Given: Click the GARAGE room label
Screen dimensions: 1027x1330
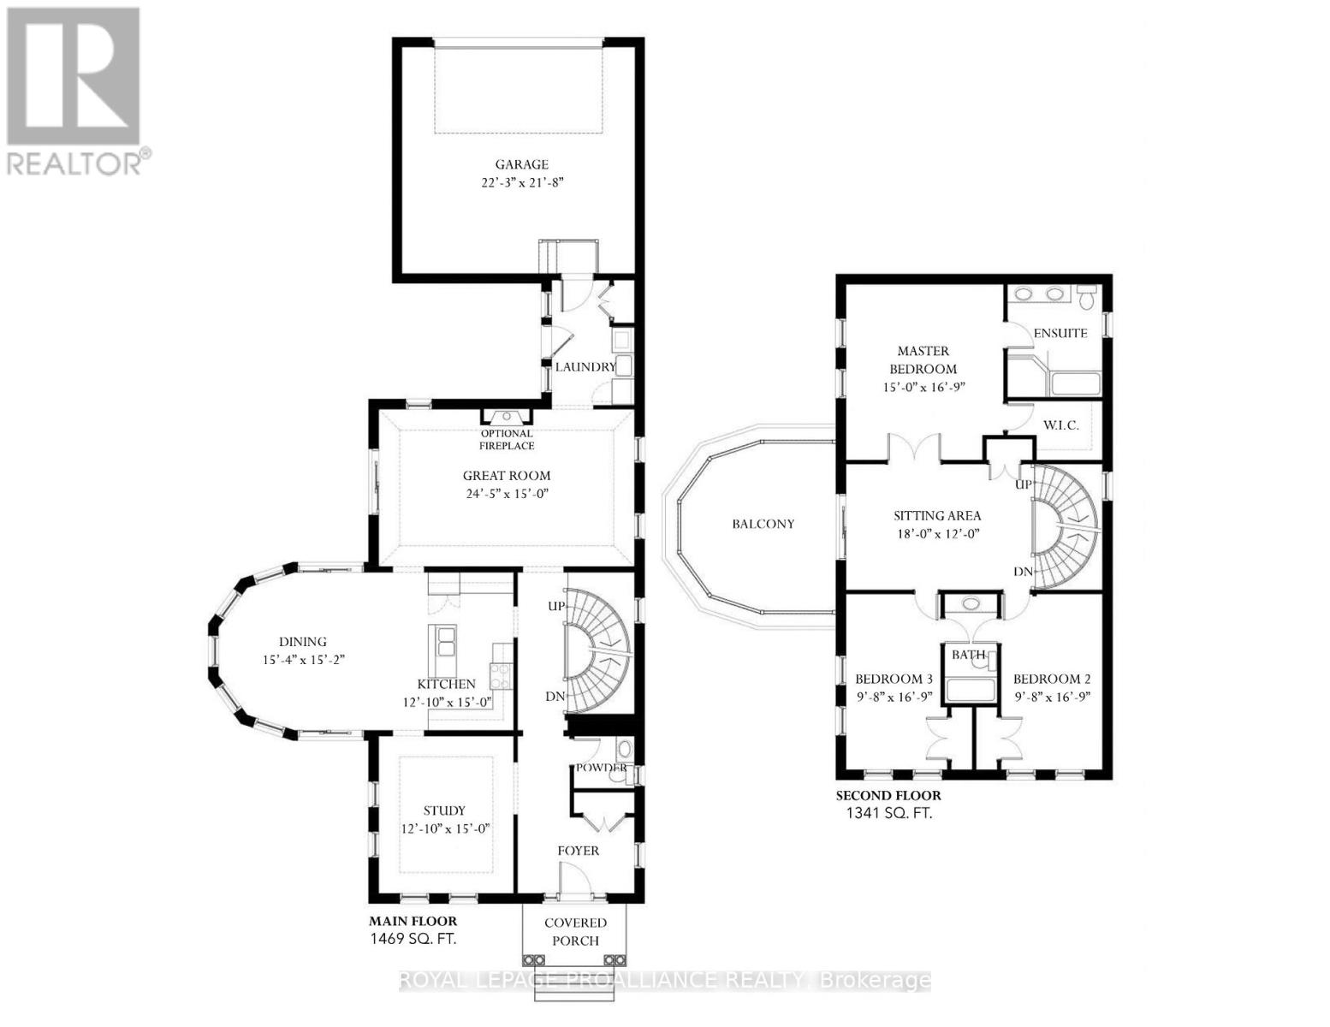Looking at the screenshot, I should pos(521,164).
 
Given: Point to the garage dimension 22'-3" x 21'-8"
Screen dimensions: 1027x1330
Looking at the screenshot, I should pos(521,182).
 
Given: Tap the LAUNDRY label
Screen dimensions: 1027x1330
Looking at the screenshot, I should pos(585,367).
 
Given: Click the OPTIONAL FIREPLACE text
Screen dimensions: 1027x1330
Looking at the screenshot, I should pos(507,440).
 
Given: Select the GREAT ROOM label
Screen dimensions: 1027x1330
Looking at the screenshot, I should pos(507,476).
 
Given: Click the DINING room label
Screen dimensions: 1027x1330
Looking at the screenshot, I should pos(303,642).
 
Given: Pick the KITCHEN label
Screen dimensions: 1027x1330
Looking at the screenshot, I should pos(446,685).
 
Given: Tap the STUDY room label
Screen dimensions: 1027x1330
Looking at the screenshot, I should pos(445,810).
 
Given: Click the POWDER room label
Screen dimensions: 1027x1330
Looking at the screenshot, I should pos(602,768).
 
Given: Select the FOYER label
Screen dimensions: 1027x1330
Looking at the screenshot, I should pos(579,851).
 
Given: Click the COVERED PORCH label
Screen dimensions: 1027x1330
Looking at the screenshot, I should pos(576,932).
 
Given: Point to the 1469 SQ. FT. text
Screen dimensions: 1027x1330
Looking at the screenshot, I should pos(413,939).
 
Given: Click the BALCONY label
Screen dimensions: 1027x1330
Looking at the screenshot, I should pos(763,524).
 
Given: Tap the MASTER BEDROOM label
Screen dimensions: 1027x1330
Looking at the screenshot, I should pos(923,359).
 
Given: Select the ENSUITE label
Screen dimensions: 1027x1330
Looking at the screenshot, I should pos(1060,333).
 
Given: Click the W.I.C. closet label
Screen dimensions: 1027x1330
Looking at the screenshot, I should pos(1060,425).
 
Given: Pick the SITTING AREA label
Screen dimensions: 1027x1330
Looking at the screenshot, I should pos(937,516).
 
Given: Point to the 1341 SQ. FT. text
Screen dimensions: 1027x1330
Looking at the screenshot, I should pos(884,813).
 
